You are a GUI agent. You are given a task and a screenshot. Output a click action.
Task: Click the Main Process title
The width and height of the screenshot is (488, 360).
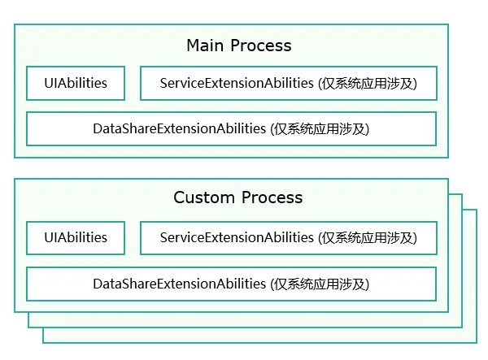click(x=238, y=46)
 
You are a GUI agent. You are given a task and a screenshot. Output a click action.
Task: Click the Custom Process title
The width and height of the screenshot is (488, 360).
click(x=238, y=197)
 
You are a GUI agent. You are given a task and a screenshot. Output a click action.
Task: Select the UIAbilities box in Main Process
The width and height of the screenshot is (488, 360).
click(x=76, y=83)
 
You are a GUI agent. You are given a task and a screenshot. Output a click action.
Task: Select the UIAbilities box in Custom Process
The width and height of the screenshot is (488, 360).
click(x=76, y=238)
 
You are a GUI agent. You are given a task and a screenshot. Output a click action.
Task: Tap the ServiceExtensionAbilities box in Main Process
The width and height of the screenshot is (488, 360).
click(x=289, y=83)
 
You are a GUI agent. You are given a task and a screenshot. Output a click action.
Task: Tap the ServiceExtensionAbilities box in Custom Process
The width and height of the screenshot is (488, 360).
click(x=289, y=238)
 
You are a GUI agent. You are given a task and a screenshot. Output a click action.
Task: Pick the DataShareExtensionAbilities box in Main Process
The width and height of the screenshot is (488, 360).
click(x=231, y=128)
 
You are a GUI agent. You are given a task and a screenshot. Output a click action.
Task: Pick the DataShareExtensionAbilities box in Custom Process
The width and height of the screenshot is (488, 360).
click(x=231, y=284)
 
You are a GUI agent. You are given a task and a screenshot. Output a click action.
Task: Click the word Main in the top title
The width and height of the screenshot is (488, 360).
click(x=205, y=46)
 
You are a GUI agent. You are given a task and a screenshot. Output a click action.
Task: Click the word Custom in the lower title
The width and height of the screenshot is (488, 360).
click(x=204, y=197)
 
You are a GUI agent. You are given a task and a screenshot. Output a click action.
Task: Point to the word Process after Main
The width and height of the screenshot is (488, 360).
click(x=261, y=46)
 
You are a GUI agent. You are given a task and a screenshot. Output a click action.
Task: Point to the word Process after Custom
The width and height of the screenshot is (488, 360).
click(x=272, y=197)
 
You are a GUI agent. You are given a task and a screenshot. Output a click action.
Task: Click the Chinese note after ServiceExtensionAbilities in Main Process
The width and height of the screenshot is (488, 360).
click(x=368, y=84)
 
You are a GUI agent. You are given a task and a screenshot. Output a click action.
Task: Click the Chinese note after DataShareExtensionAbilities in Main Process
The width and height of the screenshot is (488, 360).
click(x=320, y=129)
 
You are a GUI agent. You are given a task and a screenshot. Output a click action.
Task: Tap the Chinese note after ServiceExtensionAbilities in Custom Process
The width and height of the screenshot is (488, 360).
click(x=368, y=238)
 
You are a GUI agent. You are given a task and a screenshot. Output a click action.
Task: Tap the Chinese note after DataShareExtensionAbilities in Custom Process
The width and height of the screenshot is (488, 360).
click(x=320, y=284)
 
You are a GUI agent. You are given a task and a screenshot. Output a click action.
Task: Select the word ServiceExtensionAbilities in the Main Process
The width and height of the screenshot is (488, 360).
click(x=237, y=83)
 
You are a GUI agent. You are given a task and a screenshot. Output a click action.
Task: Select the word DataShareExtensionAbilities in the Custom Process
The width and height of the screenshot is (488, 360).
click(x=179, y=284)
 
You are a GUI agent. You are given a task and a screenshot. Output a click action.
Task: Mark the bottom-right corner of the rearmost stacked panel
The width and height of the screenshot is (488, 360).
click(x=477, y=343)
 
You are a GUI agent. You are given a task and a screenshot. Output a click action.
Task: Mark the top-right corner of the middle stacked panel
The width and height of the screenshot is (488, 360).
click(x=462, y=194)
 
